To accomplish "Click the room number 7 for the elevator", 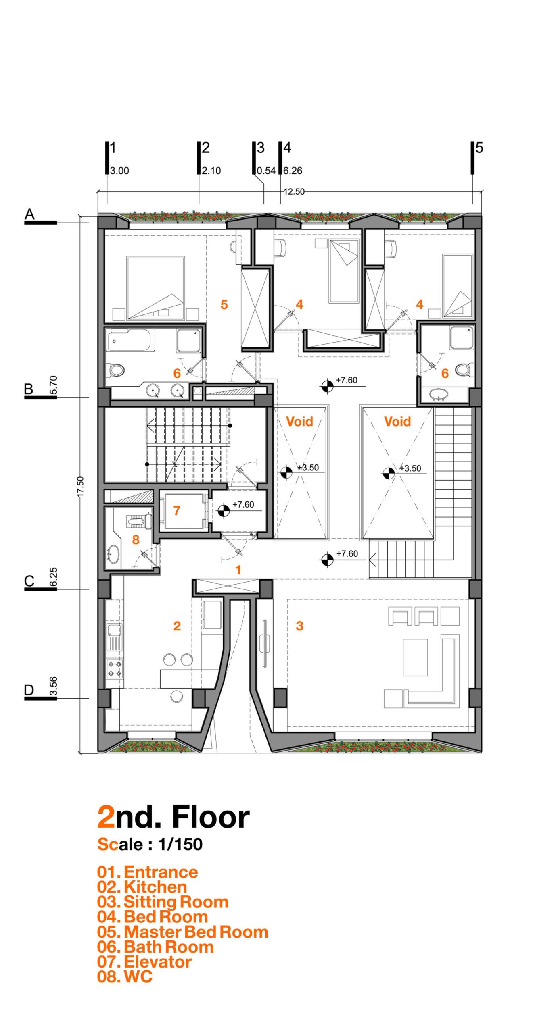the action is click(x=176, y=510).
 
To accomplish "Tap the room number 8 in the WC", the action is click(x=136, y=539).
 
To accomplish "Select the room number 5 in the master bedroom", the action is click(x=224, y=304).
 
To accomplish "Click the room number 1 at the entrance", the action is click(x=238, y=570).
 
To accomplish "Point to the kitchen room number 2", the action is click(x=177, y=626).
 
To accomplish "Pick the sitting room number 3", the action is click(x=299, y=626).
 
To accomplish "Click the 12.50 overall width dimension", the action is click(x=294, y=191).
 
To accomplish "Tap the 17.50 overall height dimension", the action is click(x=80, y=487).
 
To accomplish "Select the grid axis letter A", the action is click(x=29, y=214).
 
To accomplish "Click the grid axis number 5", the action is click(x=479, y=148).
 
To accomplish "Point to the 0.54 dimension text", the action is click(x=266, y=171).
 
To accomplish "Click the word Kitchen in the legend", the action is click(x=155, y=887).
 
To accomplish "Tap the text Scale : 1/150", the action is click(x=150, y=844).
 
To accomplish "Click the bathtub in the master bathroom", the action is click(x=131, y=341).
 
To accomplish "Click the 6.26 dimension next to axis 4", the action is click(x=293, y=171).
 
